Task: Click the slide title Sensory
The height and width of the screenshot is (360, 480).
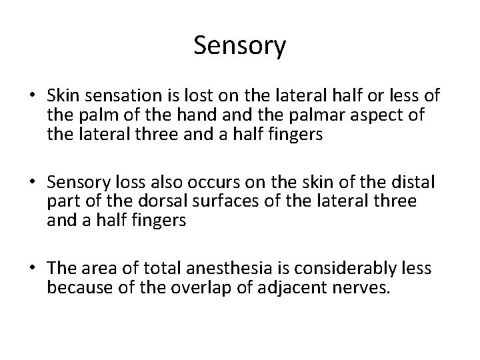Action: tap(240, 45)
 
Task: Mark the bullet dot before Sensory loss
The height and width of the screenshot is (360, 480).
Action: tap(33, 183)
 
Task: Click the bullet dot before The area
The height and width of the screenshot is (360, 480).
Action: tap(33, 269)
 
